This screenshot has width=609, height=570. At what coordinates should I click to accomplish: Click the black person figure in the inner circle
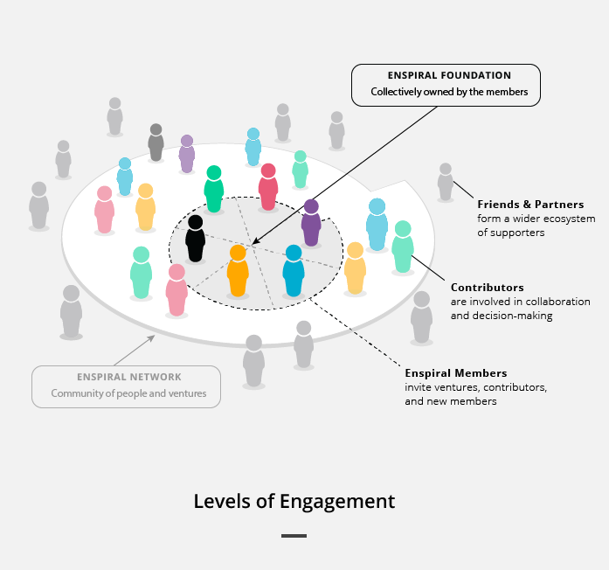tap(195, 240)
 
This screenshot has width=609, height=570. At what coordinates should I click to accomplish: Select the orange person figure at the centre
tap(238, 271)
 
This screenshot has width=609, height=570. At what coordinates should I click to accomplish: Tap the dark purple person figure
tap(311, 224)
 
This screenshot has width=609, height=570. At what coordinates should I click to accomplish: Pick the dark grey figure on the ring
tap(156, 142)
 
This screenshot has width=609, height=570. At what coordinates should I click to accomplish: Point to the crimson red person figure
tap(268, 187)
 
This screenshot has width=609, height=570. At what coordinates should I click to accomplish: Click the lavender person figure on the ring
tap(187, 155)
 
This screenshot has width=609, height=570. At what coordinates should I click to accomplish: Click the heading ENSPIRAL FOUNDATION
tap(450, 76)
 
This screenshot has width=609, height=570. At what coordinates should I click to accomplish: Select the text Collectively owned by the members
tap(450, 92)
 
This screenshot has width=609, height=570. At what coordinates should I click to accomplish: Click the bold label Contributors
tap(488, 287)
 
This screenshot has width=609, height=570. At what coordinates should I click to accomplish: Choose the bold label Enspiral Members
tap(456, 373)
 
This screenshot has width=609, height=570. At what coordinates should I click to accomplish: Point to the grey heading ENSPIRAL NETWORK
tap(128, 378)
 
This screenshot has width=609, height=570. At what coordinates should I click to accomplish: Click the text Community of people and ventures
tap(128, 393)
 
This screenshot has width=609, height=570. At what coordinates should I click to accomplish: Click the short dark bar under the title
tap(294, 535)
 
